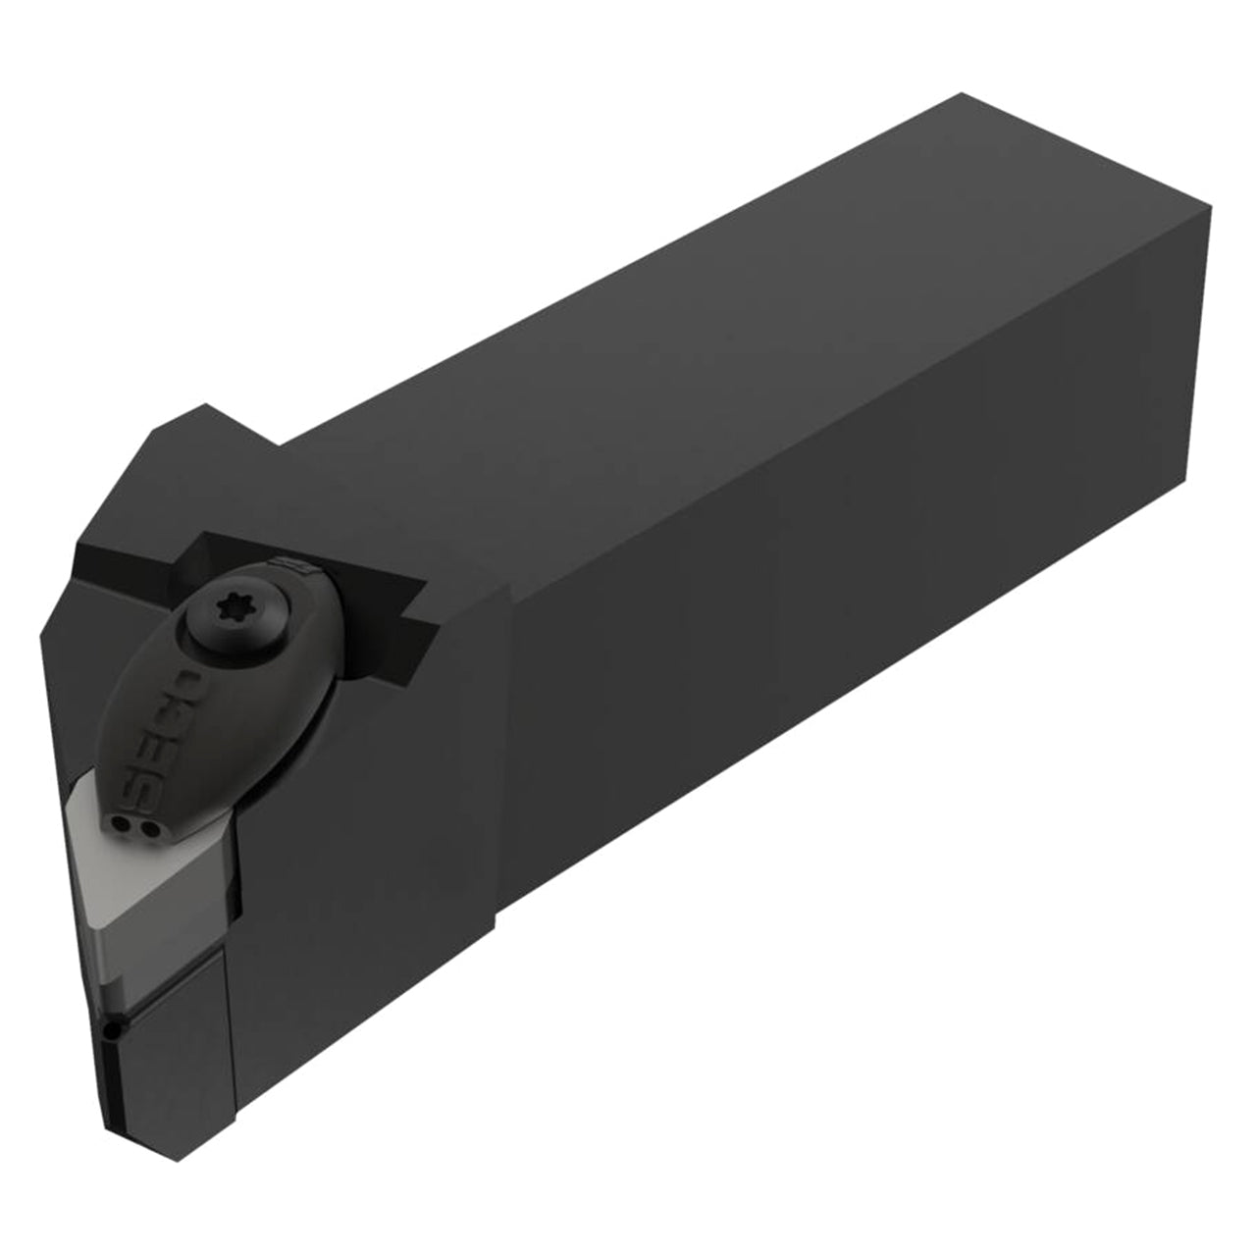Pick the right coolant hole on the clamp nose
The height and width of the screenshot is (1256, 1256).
(150, 830)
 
